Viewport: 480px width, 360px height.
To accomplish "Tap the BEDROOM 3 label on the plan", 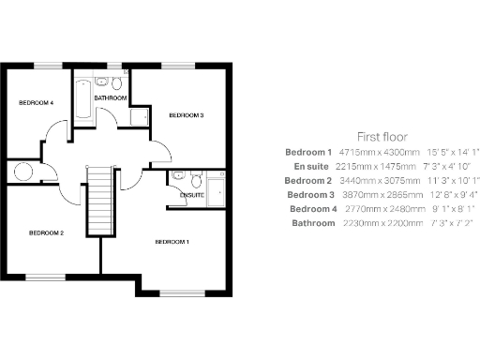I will pyautogui.click(x=186, y=114).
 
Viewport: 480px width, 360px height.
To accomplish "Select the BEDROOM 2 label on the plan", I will pyautogui.click(x=46, y=232).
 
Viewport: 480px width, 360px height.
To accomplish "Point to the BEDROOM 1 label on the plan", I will pyautogui.click(x=172, y=242).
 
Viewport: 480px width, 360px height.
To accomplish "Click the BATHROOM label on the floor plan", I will pyautogui.click(x=110, y=97).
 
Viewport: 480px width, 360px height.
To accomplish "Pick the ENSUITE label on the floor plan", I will pyautogui.click(x=179, y=195).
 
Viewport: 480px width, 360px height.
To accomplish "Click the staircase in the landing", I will pyautogui.click(x=98, y=201).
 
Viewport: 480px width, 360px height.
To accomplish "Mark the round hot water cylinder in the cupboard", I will pyautogui.click(x=21, y=172).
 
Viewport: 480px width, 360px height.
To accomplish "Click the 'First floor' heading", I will pyautogui.click(x=382, y=136).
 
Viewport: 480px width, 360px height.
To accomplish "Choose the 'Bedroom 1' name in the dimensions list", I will pyautogui.click(x=309, y=152).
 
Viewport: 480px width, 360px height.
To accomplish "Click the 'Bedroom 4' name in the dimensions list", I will pyautogui.click(x=311, y=208).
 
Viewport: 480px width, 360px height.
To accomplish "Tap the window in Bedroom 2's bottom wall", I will pyautogui.click(x=44, y=276).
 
